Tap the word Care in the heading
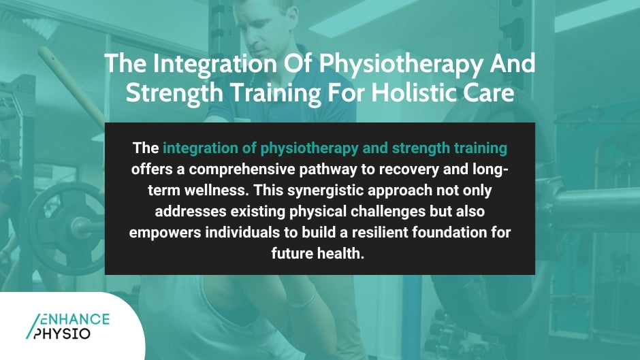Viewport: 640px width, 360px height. point(489,93)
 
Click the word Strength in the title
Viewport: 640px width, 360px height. point(171,93)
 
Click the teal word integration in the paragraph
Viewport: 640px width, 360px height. point(199,148)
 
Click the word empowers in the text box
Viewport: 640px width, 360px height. point(162,233)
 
